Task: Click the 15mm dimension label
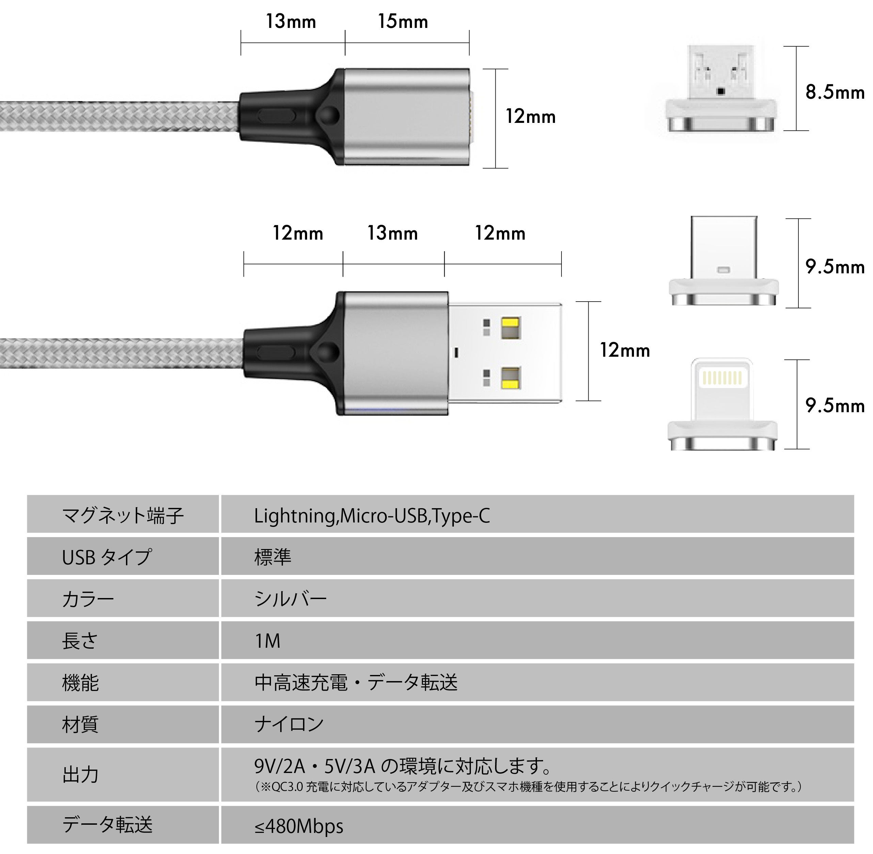(403, 21)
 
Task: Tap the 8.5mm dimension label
(835, 92)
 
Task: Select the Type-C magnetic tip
(724, 261)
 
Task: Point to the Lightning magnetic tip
(722, 404)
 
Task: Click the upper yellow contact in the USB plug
(511, 328)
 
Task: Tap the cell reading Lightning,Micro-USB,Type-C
(372, 516)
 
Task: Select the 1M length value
(267, 641)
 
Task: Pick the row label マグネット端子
(123, 516)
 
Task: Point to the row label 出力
(80, 775)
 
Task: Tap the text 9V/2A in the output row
(280, 767)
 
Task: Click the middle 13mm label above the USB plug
(393, 233)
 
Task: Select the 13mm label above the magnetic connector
(291, 21)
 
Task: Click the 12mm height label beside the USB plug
(625, 350)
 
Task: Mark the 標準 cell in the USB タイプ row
(273, 557)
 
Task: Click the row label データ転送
(107, 824)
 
